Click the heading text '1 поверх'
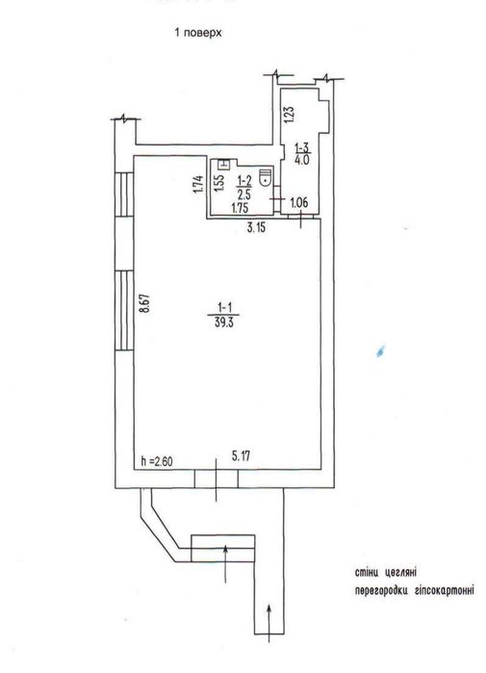pyautogui.click(x=198, y=33)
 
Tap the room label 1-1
pyautogui.click(x=225, y=307)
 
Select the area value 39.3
pyautogui.click(x=224, y=323)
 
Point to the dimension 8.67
pyautogui.click(x=146, y=303)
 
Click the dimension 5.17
pyautogui.click(x=241, y=455)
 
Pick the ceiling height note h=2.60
pyautogui.click(x=157, y=461)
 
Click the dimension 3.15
pyautogui.click(x=256, y=227)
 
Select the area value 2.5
pyautogui.click(x=244, y=194)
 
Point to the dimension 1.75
pyautogui.click(x=240, y=208)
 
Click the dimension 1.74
pyautogui.click(x=197, y=184)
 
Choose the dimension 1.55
pyautogui.click(x=218, y=183)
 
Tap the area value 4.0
pyautogui.click(x=302, y=161)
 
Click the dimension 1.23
pyautogui.click(x=290, y=115)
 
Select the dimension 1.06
pyautogui.click(x=299, y=202)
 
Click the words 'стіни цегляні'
pyautogui.click(x=386, y=573)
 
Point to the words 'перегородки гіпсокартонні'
pyautogui.click(x=415, y=590)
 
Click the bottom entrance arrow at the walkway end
pyautogui.click(x=269, y=623)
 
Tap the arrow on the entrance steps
pyautogui.click(x=225, y=564)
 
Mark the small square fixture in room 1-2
pyautogui.click(x=224, y=164)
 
